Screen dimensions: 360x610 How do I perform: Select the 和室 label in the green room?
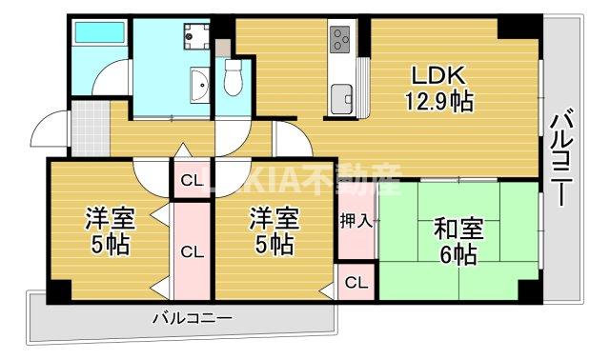[459, 230]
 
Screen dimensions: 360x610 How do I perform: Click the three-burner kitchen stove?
[341, 40]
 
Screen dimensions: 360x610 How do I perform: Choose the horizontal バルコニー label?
[192, 317]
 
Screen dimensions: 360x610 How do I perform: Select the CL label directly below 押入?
[356, 282]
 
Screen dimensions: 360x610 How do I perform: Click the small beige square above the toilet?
[222, 46]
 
